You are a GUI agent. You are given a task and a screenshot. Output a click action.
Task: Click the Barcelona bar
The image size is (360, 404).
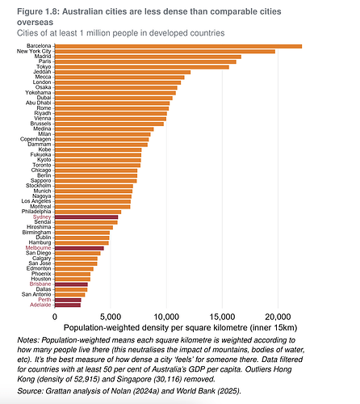click(178, 46)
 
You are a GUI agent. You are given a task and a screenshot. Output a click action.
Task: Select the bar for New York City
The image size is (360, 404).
click(165, 52)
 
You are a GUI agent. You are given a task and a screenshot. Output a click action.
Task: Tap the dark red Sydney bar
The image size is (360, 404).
click(86, 217)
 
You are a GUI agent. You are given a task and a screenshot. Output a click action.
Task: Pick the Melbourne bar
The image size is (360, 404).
click(79, 248)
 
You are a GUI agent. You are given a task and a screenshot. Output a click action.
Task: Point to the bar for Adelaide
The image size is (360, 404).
click(68, 305)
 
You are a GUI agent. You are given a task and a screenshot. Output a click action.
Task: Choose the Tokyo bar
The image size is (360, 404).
click(142, 67)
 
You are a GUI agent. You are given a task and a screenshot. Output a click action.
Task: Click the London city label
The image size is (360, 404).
click(42, 82)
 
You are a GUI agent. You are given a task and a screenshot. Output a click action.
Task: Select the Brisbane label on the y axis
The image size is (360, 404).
click(40, 284)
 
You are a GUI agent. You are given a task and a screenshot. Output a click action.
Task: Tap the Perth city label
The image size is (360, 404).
click(44, 300)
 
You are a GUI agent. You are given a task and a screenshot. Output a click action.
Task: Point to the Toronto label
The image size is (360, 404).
click(42, 165)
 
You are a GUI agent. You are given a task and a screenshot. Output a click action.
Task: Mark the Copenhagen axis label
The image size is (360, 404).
click(36, 139)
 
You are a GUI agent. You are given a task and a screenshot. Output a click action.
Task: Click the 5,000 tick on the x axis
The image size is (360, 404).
click(111, 317)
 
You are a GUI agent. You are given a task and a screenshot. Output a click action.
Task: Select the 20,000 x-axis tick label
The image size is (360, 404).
click(278, 317)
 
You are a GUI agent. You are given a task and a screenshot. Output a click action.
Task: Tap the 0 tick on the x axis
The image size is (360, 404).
click(55, 317)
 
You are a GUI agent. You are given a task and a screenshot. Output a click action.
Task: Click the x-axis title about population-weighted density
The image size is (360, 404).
click(181, 328)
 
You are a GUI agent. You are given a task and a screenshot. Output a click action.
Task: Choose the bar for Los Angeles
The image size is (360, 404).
click(93, 202)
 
